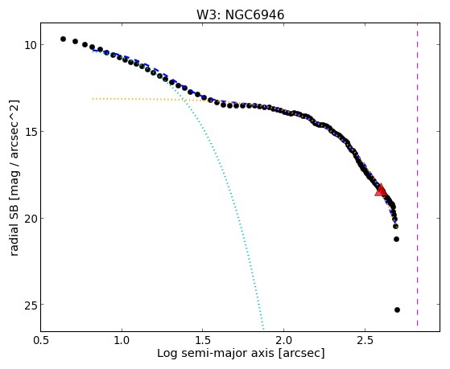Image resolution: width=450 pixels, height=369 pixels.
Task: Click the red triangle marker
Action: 381,191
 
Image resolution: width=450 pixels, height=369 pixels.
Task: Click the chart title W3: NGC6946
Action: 240,15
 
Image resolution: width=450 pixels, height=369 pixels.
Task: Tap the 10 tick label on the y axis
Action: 30,45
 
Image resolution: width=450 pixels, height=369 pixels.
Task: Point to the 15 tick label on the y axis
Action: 30,132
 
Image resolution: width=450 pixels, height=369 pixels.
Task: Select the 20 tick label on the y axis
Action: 30,219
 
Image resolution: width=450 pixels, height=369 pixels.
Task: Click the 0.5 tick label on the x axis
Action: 41,341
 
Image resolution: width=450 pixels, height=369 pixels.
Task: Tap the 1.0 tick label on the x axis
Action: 122,341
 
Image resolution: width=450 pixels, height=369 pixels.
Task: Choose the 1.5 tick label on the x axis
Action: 203,341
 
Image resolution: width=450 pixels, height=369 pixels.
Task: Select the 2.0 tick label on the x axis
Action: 283,341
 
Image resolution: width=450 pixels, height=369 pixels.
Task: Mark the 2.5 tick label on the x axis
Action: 365,341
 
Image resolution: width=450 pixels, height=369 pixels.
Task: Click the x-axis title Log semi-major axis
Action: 215,353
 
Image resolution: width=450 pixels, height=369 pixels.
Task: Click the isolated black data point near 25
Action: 397,310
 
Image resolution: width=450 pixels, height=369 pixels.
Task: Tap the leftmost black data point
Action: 63,39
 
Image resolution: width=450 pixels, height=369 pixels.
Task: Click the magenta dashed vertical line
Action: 417,174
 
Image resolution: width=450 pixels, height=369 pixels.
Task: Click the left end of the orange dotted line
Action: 93,99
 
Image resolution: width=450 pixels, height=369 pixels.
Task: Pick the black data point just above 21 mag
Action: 396,239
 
